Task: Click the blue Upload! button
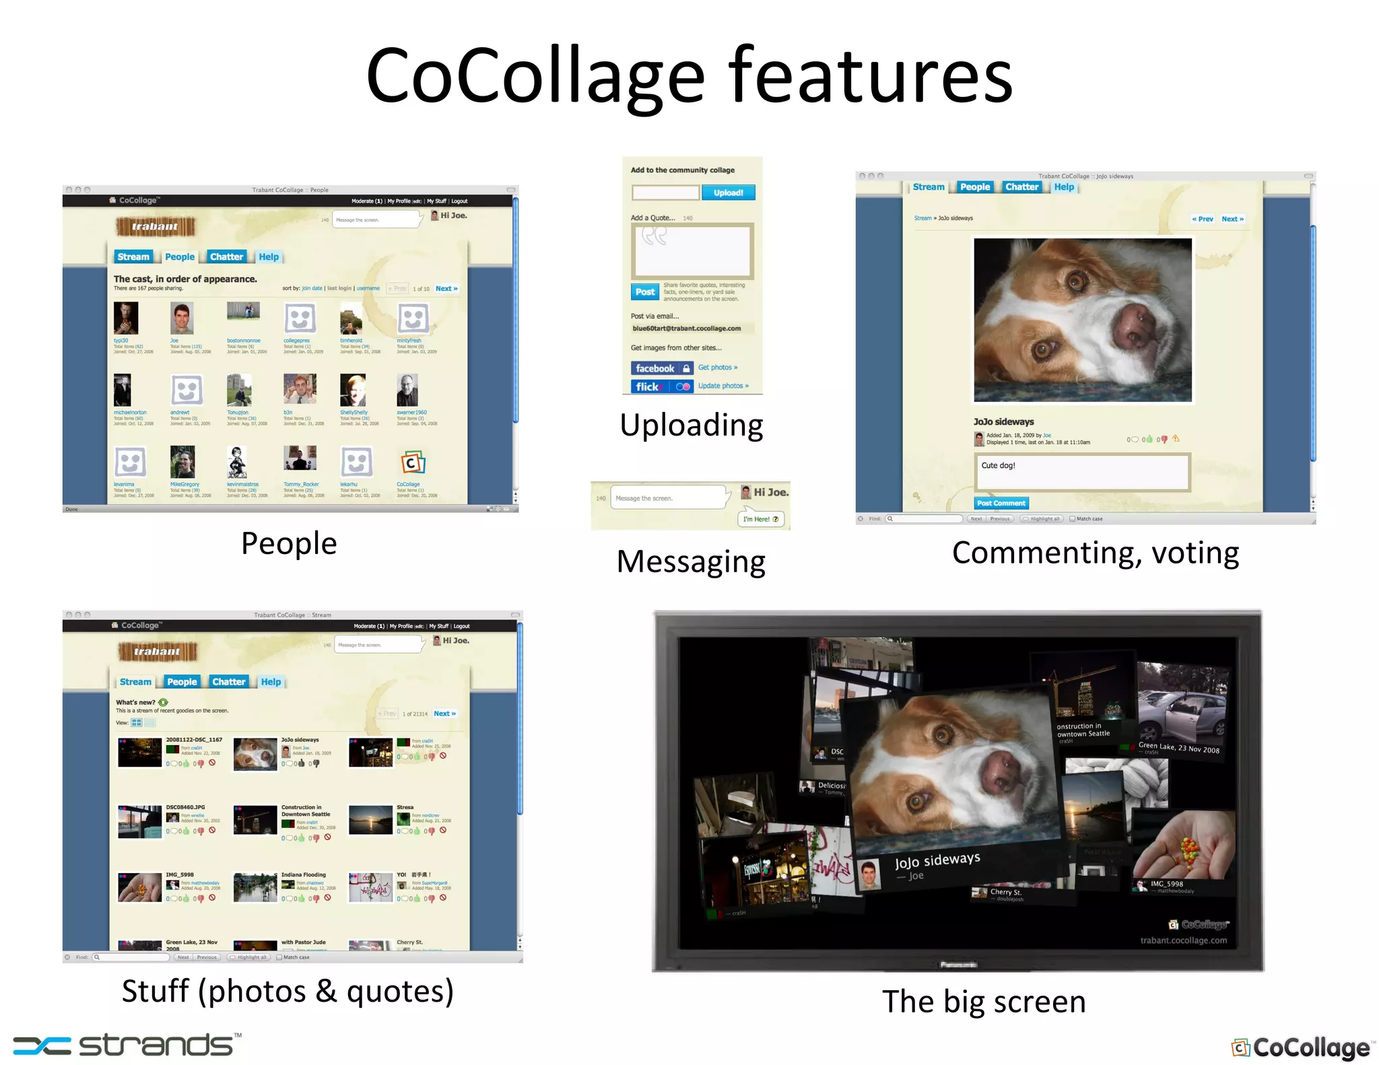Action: tap(728, 193)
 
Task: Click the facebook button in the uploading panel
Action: tap(661, 368)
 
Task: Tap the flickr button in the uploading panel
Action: tap(661, 386)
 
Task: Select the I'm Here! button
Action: tap(761, 519)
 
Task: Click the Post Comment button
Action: tap(1001, 503)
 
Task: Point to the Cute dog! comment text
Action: tap(998, 465)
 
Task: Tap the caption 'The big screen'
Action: tap(984, 1002)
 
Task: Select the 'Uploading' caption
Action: tap(692, 425)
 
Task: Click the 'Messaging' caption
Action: tap(691, 561)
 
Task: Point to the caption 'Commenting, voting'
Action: tap(1096, 553)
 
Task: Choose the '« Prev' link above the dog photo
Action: tap(1202, 219)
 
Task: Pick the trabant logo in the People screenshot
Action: tap(155, 226)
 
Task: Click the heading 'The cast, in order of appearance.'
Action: tap(185, 279)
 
